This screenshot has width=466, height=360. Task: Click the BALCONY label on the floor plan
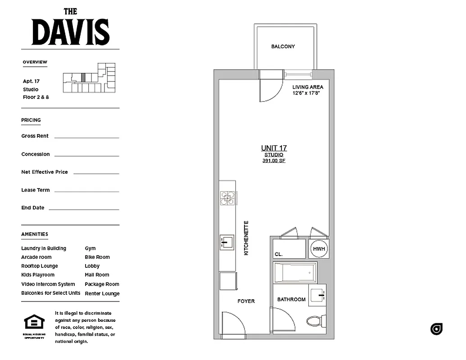tap(283, 46)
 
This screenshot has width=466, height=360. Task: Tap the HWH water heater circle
tap(319, 249)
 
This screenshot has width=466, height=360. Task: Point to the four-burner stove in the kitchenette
tap(228, 198)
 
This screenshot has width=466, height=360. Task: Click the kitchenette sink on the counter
tap(226, 242)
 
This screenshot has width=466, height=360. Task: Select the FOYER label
tap(246, 301)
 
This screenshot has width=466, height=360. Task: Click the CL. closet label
tap(279, 254)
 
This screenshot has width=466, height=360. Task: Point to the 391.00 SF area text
tap(274, 161)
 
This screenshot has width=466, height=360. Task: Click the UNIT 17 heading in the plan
tap(274, 148)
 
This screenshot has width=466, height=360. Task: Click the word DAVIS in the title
tap(71, 32)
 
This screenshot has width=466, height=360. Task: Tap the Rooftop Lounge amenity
tap(40, 266)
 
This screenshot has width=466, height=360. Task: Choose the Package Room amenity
tap(102, 284)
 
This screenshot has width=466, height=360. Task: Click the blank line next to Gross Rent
tap(86, 137)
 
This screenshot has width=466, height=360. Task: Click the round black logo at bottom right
tap(436, 329)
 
